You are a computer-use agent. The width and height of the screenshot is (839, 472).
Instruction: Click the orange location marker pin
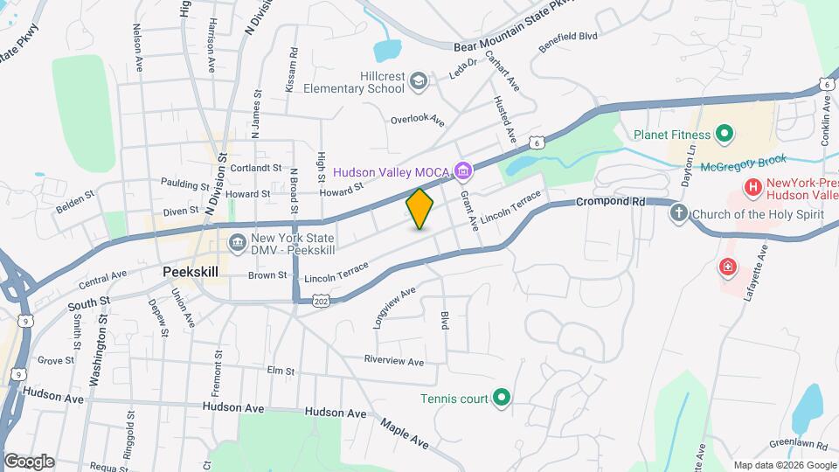point(420,209)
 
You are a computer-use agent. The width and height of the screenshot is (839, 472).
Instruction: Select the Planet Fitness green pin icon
point(724,135)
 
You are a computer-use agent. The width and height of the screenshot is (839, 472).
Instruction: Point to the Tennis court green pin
point(501,399)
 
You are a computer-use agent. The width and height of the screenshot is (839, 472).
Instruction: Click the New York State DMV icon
point(237,242)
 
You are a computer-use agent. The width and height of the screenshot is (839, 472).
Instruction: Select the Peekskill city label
point(191,272)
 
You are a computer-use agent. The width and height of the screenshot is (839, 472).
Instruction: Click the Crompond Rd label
point(610,202)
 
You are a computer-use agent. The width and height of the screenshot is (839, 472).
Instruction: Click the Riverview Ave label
point(394,361)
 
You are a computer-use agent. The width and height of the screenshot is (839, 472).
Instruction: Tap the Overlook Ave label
point(418,118)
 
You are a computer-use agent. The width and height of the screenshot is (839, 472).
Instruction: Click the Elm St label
point(281,371)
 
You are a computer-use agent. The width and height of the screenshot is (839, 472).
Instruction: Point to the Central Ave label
point(102,281)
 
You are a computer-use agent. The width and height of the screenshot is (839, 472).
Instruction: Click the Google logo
point(29,461)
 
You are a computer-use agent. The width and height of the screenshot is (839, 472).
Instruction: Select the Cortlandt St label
point(256,167)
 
